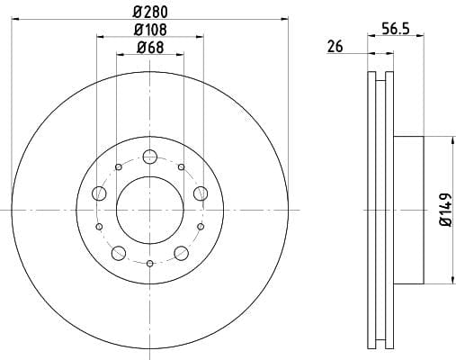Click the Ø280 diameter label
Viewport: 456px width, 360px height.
[x=150, y=13]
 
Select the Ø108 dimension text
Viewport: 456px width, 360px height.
[x=150, y=30]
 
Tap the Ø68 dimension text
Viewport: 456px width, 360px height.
[x=150, y=48]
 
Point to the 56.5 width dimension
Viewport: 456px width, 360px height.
[x=396, y=29]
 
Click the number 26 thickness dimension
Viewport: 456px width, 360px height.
[x=335, y=47]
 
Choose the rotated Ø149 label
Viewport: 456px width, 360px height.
[x=445, y=210]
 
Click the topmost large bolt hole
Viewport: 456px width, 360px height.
[x=150, y=157]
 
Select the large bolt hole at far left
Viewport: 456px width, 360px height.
[x=99, y=193]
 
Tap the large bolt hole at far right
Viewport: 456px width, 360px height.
[x=201, y=193]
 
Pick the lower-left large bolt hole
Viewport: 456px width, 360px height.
[x=119, y=253]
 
